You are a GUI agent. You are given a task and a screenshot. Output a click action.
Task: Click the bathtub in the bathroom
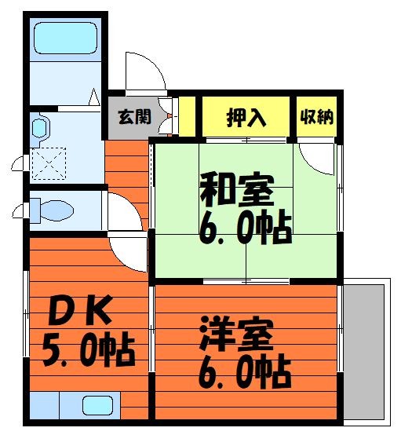click(x=66, y=38)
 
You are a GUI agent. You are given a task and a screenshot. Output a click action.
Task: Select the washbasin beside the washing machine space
click(x=39, y=128)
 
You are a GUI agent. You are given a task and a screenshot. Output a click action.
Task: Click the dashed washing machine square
click(x=49, y=163)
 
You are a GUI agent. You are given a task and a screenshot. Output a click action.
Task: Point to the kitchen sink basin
click(x=97, y=406)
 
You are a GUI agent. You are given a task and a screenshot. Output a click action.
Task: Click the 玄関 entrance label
click(x=134, y=116)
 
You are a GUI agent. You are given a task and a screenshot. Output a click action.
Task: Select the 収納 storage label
click(x=317, y=116)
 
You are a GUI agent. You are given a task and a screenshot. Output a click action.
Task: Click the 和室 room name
click(x=237, y=189)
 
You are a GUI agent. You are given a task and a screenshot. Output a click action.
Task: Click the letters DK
click(x=80, y=310)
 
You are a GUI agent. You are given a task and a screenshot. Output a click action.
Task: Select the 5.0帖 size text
click(x=88, y=349)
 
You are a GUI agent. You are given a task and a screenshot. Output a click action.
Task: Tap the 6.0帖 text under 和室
click(x=245, y=226)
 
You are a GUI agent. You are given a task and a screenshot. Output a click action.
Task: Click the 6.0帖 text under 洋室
click(x=245, y=371)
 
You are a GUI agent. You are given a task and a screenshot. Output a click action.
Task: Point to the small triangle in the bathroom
click(x=94, y=97)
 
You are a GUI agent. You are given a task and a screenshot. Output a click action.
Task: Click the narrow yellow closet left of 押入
click(x=187, y=116)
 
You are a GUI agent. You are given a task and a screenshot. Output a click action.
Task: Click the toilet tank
click(x=35, y=210)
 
